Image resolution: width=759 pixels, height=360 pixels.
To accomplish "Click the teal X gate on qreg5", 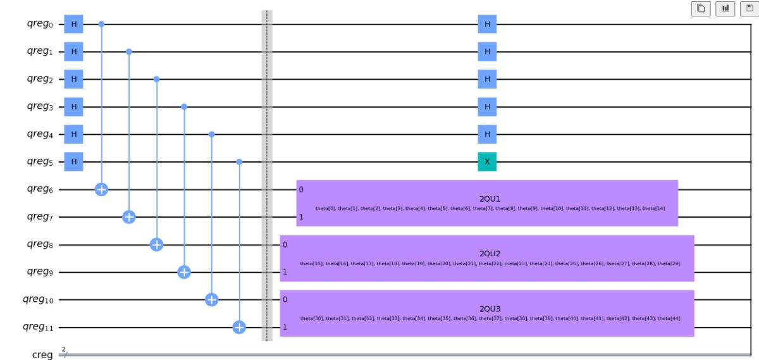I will (487, 162).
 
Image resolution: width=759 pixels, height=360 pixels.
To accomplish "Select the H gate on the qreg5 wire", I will (73, 162).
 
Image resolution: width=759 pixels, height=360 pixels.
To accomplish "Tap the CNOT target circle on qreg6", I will (101, 189).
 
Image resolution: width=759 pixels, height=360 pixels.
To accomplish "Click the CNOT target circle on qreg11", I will (239, 327).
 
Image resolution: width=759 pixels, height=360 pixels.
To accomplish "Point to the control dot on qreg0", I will (101, 24).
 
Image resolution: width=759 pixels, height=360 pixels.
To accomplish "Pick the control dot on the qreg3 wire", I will (184, 107).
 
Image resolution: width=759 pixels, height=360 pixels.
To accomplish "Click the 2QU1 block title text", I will (490, 198).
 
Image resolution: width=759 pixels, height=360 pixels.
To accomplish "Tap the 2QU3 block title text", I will (490, 308).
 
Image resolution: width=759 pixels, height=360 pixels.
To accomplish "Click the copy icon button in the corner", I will (701, 8).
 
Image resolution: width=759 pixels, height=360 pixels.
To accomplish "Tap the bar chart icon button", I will (724, 8).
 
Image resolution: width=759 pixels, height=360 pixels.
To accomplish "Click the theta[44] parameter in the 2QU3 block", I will (668, 318).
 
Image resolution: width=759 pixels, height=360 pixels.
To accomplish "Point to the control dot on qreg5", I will (239, 162).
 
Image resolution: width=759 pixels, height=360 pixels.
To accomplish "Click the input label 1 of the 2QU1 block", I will (301, 217).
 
